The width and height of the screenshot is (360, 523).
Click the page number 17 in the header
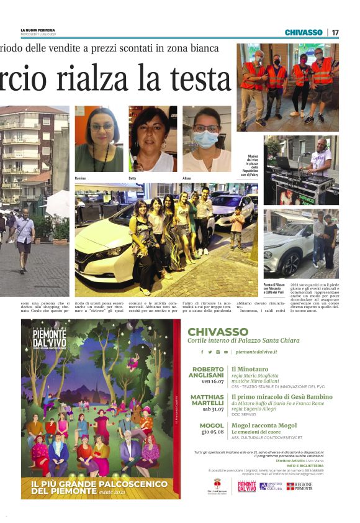tap(335, 32)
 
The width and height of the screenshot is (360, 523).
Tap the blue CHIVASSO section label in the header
tap(304, 32)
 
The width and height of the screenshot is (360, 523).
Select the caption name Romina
tap(80, 178)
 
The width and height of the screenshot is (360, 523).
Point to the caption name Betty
tap(132, 178)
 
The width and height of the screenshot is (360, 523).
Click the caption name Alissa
tap(186, 178)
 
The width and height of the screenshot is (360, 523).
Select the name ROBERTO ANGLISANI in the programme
tap(207, 373)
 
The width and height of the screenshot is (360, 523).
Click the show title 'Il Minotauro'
tap(248, 369)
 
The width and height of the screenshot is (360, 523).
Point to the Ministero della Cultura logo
tap(270, 486)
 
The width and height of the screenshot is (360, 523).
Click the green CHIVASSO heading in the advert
tap(217, 332)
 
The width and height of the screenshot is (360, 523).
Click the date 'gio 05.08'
tap(212, 432)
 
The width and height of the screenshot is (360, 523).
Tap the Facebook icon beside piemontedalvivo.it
tap(202, 352)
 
